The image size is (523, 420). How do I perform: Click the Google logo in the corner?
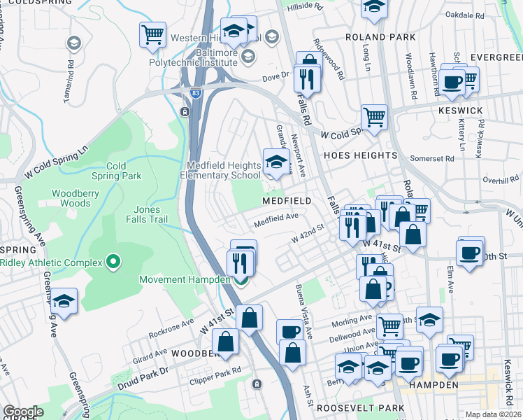pyautogui.click(x=22, y=412)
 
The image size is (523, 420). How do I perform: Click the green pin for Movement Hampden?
pyautogui.click(x=241, y=280)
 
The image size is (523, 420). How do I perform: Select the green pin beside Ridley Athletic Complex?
pyautogui.click(x=114, y=263)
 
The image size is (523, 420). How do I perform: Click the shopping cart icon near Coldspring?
pyautogui.click(x=152, y=34)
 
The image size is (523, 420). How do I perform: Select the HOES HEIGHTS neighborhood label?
pyautogui.click(x=361, y=155)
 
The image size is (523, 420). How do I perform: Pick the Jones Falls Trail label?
pyautogui.click(x=147, y=214)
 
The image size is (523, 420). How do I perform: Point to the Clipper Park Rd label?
pyautogui.click(x=215, y=371)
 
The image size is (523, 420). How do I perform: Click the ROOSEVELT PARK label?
pyautogui.click(x=360, y=407)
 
